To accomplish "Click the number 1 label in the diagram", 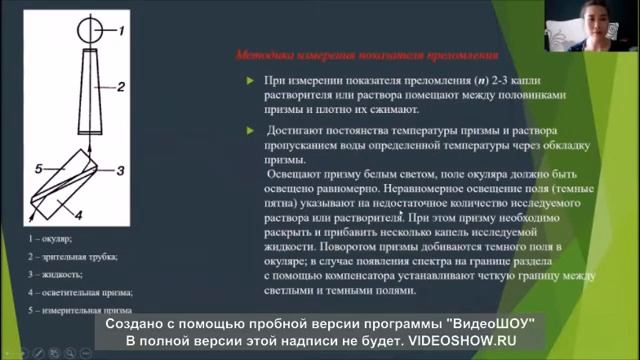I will pos(122,31).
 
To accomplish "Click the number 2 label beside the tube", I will pos(120,88).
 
